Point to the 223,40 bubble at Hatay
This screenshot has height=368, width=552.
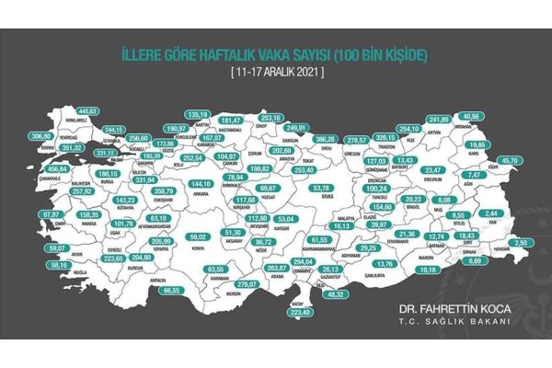pyautogui.click(x=327, y=312)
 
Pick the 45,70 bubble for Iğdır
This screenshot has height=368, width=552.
pyautogui.click(x=520, y=160)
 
